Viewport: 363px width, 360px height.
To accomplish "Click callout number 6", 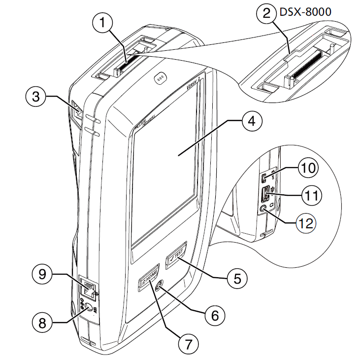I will pyautogui.click(x=214, y=314).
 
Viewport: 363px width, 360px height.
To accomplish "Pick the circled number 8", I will pyautogui.click(x=42, y=324).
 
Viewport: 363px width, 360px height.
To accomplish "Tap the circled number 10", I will pyautogui.click(x=308, y=168).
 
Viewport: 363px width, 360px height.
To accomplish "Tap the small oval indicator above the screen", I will pyautogui.click(x=159, y=77).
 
